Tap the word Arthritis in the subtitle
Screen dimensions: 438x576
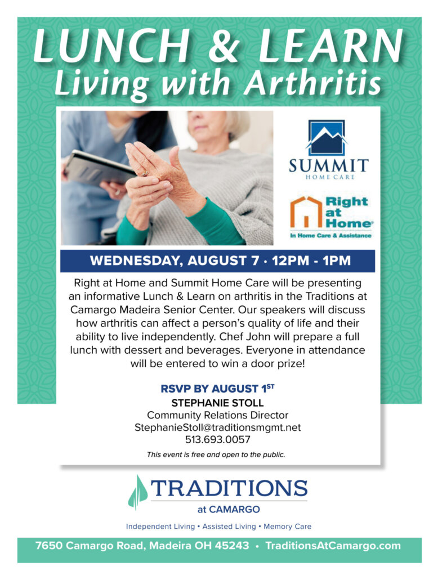pos(313,83)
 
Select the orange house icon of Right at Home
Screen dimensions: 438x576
pos(306,212)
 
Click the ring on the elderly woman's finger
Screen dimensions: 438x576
pos(146,173)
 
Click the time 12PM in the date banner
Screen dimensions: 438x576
pos(290,261)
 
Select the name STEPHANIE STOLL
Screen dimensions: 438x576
pos(217,403)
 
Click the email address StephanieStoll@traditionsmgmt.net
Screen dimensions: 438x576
pos(217,427)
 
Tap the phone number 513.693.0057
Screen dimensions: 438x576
pos(217,440)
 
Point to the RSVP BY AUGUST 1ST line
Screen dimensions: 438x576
pos(217,389)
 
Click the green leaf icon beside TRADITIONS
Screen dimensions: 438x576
pos(138,492)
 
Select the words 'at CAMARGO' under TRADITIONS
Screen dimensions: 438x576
pos(229,510)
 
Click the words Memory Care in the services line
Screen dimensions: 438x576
pos(287,526)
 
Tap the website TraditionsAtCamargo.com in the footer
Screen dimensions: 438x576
pos(333,546)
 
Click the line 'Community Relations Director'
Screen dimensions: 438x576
pos(217,415)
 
